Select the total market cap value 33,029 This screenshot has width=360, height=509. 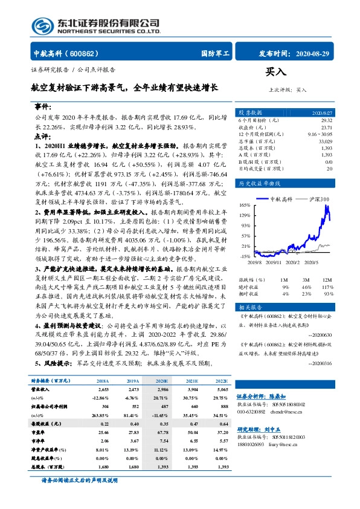[324, 141]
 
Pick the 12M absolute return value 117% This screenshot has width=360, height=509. [326, 287]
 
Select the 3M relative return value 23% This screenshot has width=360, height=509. [306, 294]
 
